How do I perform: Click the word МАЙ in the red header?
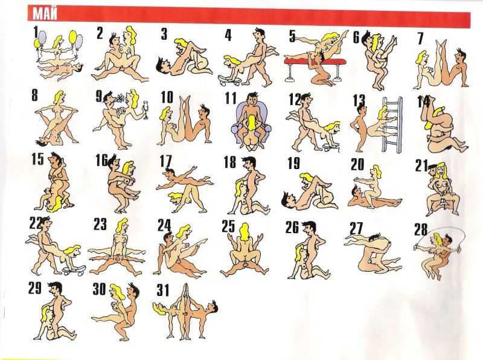pos(45,13)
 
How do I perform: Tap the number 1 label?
pos(36,32)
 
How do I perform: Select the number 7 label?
pos(421,39)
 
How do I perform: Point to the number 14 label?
pos(423,101)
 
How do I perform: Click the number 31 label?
pos(163,290)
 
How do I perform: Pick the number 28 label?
pos(421,230)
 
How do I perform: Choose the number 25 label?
pos(228,227)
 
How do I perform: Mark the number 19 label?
pos(293,163)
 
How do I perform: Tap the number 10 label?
pos(167,97)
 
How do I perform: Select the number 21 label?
pos(421,166)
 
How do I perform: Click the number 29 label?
pos(35,288)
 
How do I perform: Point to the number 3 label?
pos(164,34)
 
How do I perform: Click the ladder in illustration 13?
pos(392,124)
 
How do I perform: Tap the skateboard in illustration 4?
pos(229,80)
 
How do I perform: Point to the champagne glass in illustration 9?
pos(145,111)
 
